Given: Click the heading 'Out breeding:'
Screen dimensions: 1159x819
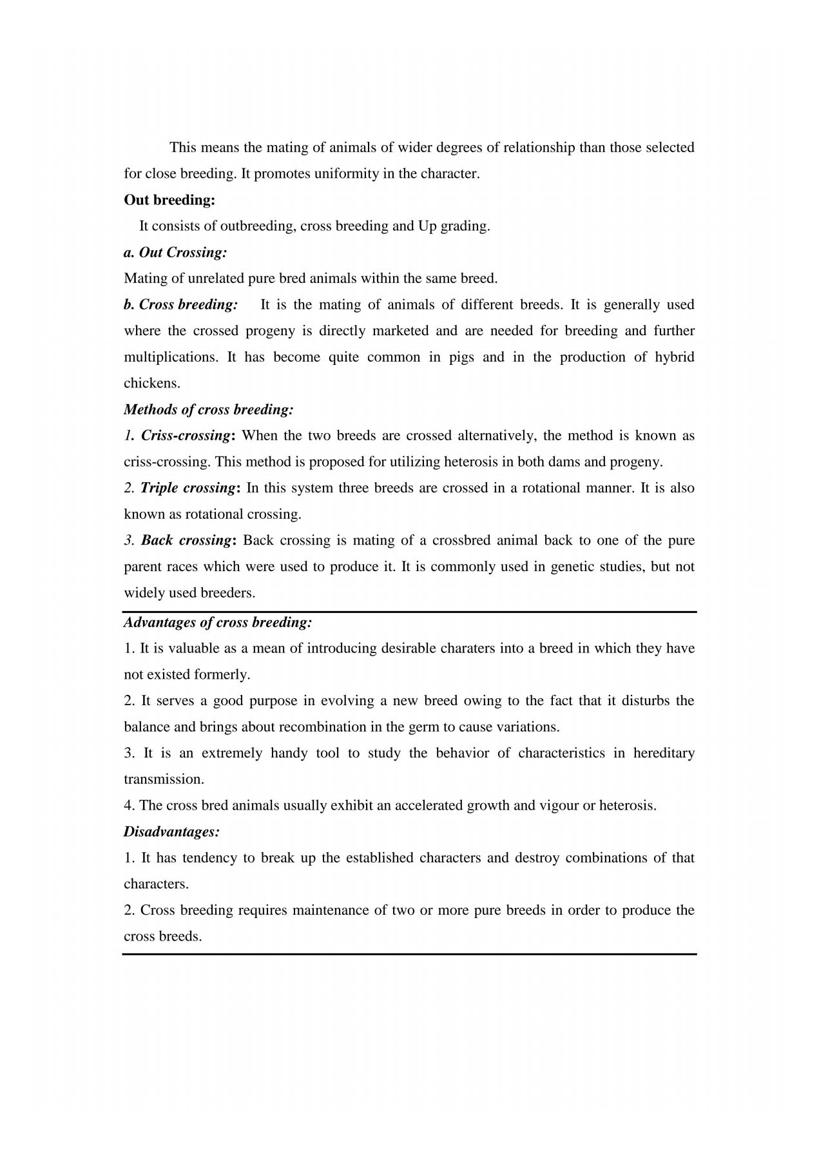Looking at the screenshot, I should (x=169, y=200).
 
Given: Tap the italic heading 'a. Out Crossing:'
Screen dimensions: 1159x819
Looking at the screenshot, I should (x=175, y=253).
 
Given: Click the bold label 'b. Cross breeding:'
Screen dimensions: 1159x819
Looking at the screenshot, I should (x=181, y=305).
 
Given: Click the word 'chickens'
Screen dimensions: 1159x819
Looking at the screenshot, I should (x=151, y=384).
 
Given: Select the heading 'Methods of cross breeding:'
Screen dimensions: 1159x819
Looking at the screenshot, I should (x=208, y=410).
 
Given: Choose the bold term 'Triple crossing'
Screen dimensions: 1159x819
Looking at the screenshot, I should (x=186, y=488).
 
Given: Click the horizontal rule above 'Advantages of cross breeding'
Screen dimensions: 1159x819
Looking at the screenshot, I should (x=409, y=612).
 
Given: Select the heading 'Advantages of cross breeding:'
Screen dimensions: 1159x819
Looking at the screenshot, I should (x=218, y=623).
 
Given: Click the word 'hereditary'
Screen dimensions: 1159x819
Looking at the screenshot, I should (x=664, y=754).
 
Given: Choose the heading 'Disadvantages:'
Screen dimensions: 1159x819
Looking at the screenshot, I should (x=171, y=832).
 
